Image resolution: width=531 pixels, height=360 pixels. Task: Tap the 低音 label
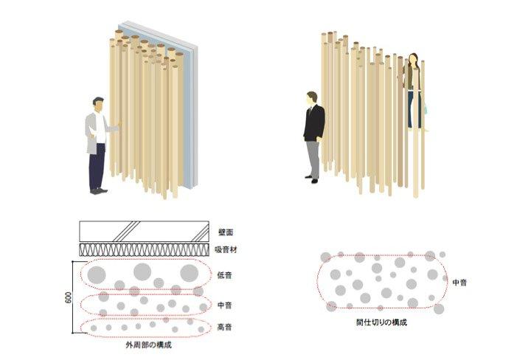point(226,274)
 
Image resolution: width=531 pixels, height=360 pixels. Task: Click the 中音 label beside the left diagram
point(226,303)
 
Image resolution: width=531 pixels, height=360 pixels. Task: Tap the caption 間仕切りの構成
point(381,322)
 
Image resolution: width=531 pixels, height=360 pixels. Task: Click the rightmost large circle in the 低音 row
point(190,273)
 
